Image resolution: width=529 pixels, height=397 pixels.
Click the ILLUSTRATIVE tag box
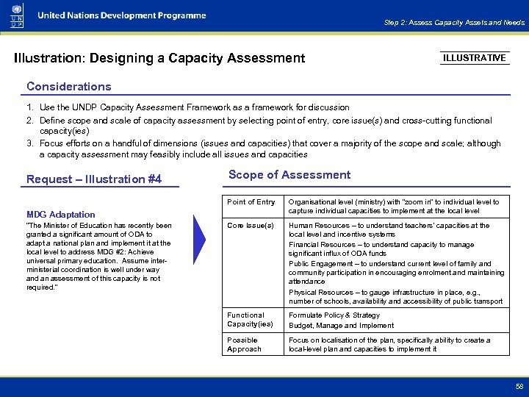(475, 57)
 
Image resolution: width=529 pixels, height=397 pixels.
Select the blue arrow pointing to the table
(202, 239)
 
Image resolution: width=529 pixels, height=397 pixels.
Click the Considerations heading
(69, 86)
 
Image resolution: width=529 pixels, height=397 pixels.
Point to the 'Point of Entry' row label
(251, 202)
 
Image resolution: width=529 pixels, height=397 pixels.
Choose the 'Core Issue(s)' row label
(251, 226)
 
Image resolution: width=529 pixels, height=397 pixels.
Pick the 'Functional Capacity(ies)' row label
(250, 320)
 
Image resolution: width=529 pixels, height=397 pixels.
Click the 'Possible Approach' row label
(244, 345)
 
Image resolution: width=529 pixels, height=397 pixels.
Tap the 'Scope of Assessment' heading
(289, 175)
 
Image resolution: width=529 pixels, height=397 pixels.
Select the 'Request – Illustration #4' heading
(94, 179)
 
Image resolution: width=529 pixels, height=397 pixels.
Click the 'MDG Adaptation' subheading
(61, 214)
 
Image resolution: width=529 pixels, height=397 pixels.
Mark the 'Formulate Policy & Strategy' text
(334, 315)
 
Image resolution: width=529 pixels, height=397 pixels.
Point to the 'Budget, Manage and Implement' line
(341, 326)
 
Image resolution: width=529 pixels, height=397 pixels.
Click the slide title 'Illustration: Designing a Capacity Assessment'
(159, 57)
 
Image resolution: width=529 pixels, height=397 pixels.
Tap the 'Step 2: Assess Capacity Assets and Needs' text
(454, 23)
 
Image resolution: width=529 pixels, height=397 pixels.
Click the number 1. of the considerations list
(31, 108)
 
